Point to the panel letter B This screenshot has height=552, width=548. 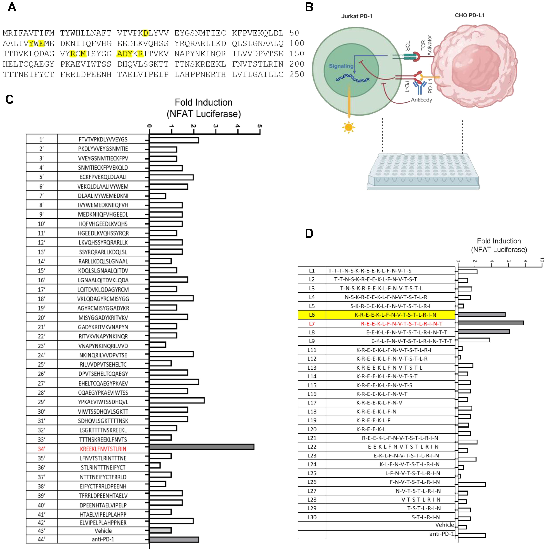pyautogui.click(x=309, y=7)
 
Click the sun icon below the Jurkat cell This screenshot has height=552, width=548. pyautogui.click(x=349, y=127)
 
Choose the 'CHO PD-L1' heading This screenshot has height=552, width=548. pyautogui.click(x=470, y=15)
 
